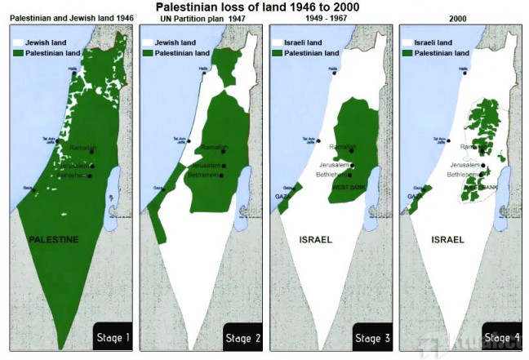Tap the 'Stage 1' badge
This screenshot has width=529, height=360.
click(x=112, y=336)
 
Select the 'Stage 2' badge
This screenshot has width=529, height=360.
click(x=242, y=336)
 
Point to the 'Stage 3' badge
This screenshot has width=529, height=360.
click(x=373, y=336)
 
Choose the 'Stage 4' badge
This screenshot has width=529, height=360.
click(x=500, y=336)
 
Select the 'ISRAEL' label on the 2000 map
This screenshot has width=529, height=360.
click(x=447, y=240)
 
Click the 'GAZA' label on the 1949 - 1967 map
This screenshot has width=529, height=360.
click(x=282, y=197)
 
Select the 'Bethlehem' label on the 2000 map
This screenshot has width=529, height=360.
click(x=461, y=174)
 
